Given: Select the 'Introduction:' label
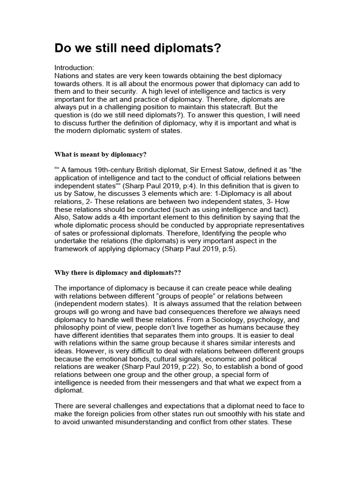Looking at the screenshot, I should pos(75,67).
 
